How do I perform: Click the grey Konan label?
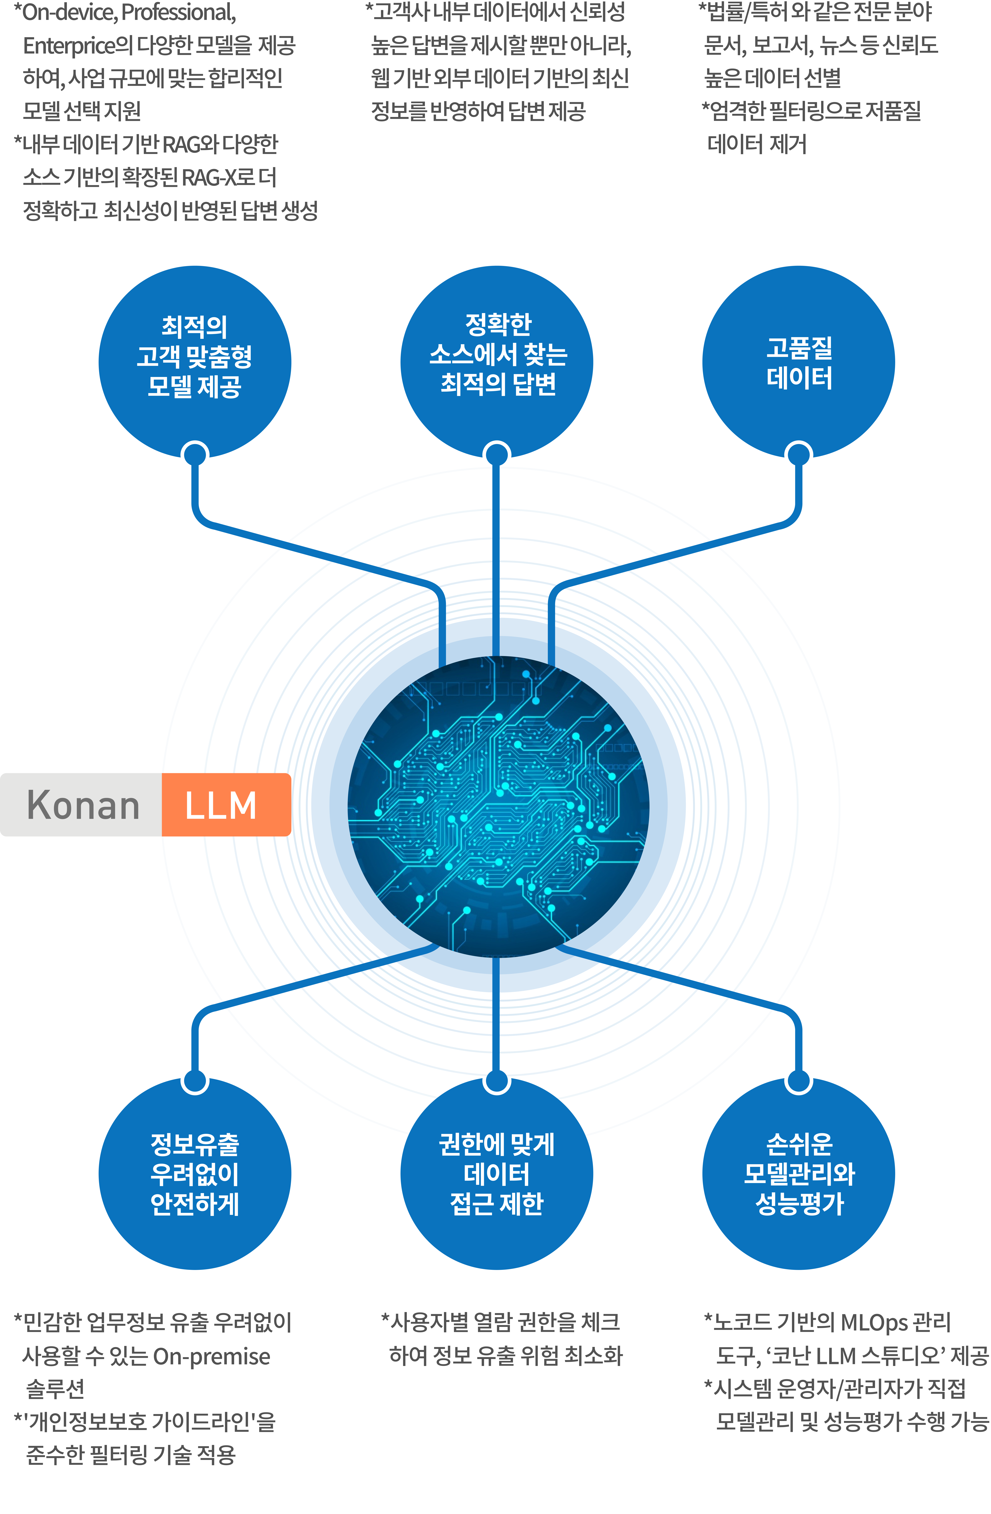(81, 805)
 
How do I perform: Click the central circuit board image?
(498, 807)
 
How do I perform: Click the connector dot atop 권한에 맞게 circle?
(497, 1081)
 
